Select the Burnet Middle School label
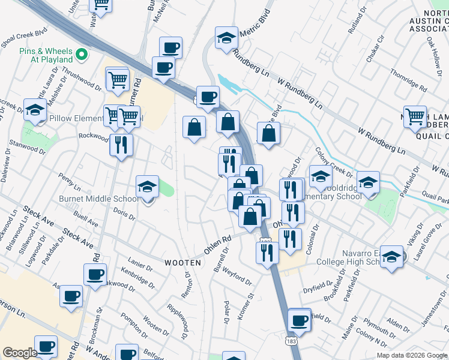(x=98, y=199)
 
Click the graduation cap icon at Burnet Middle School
(x=147, y=187)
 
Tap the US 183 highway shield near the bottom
(x=291, y=340)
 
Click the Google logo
(x=20, y=353)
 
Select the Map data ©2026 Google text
(x=412, y=355)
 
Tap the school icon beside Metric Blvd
(x=226, y=38)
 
